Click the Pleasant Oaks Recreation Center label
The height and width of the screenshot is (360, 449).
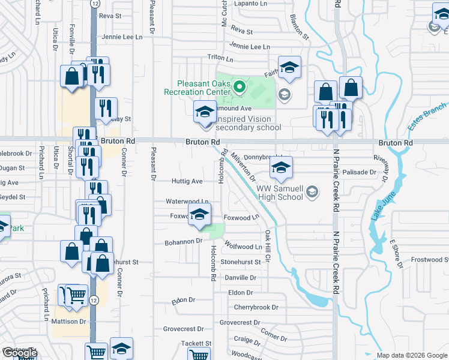point(197,88)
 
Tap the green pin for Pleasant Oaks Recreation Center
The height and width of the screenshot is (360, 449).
point(239,88)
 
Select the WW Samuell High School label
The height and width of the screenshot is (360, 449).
point(280,193)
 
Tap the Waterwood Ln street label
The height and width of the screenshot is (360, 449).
point(188,202)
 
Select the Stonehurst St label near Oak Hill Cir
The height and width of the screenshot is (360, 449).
point(241,262)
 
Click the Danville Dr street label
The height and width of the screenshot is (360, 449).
point(240,278)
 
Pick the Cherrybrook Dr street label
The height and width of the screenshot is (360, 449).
point(256,307)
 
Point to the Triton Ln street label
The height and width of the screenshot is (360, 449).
point(220,58)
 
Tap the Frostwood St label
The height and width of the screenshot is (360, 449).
point(429,260)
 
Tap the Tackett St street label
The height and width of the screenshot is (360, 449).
point(196,344)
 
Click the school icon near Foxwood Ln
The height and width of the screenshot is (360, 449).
point(199,214)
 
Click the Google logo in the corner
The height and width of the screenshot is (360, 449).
point(19,353)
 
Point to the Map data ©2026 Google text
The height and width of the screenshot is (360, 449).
point(411,355)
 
